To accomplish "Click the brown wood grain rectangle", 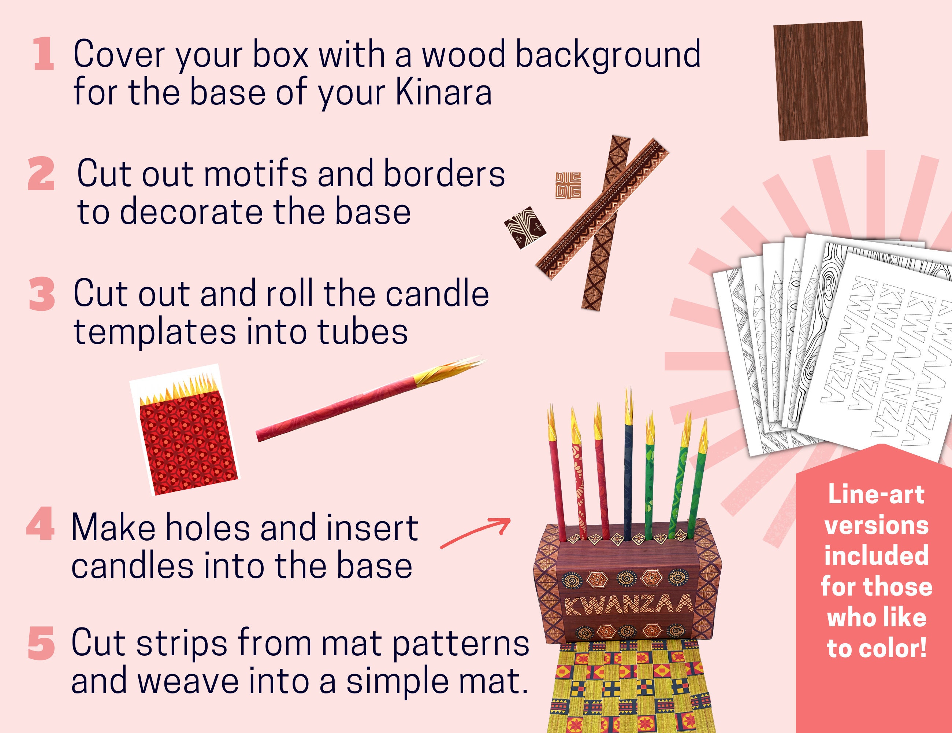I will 820,81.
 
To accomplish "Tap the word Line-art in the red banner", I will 876,495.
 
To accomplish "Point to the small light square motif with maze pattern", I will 568,185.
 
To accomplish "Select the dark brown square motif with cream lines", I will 525,227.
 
